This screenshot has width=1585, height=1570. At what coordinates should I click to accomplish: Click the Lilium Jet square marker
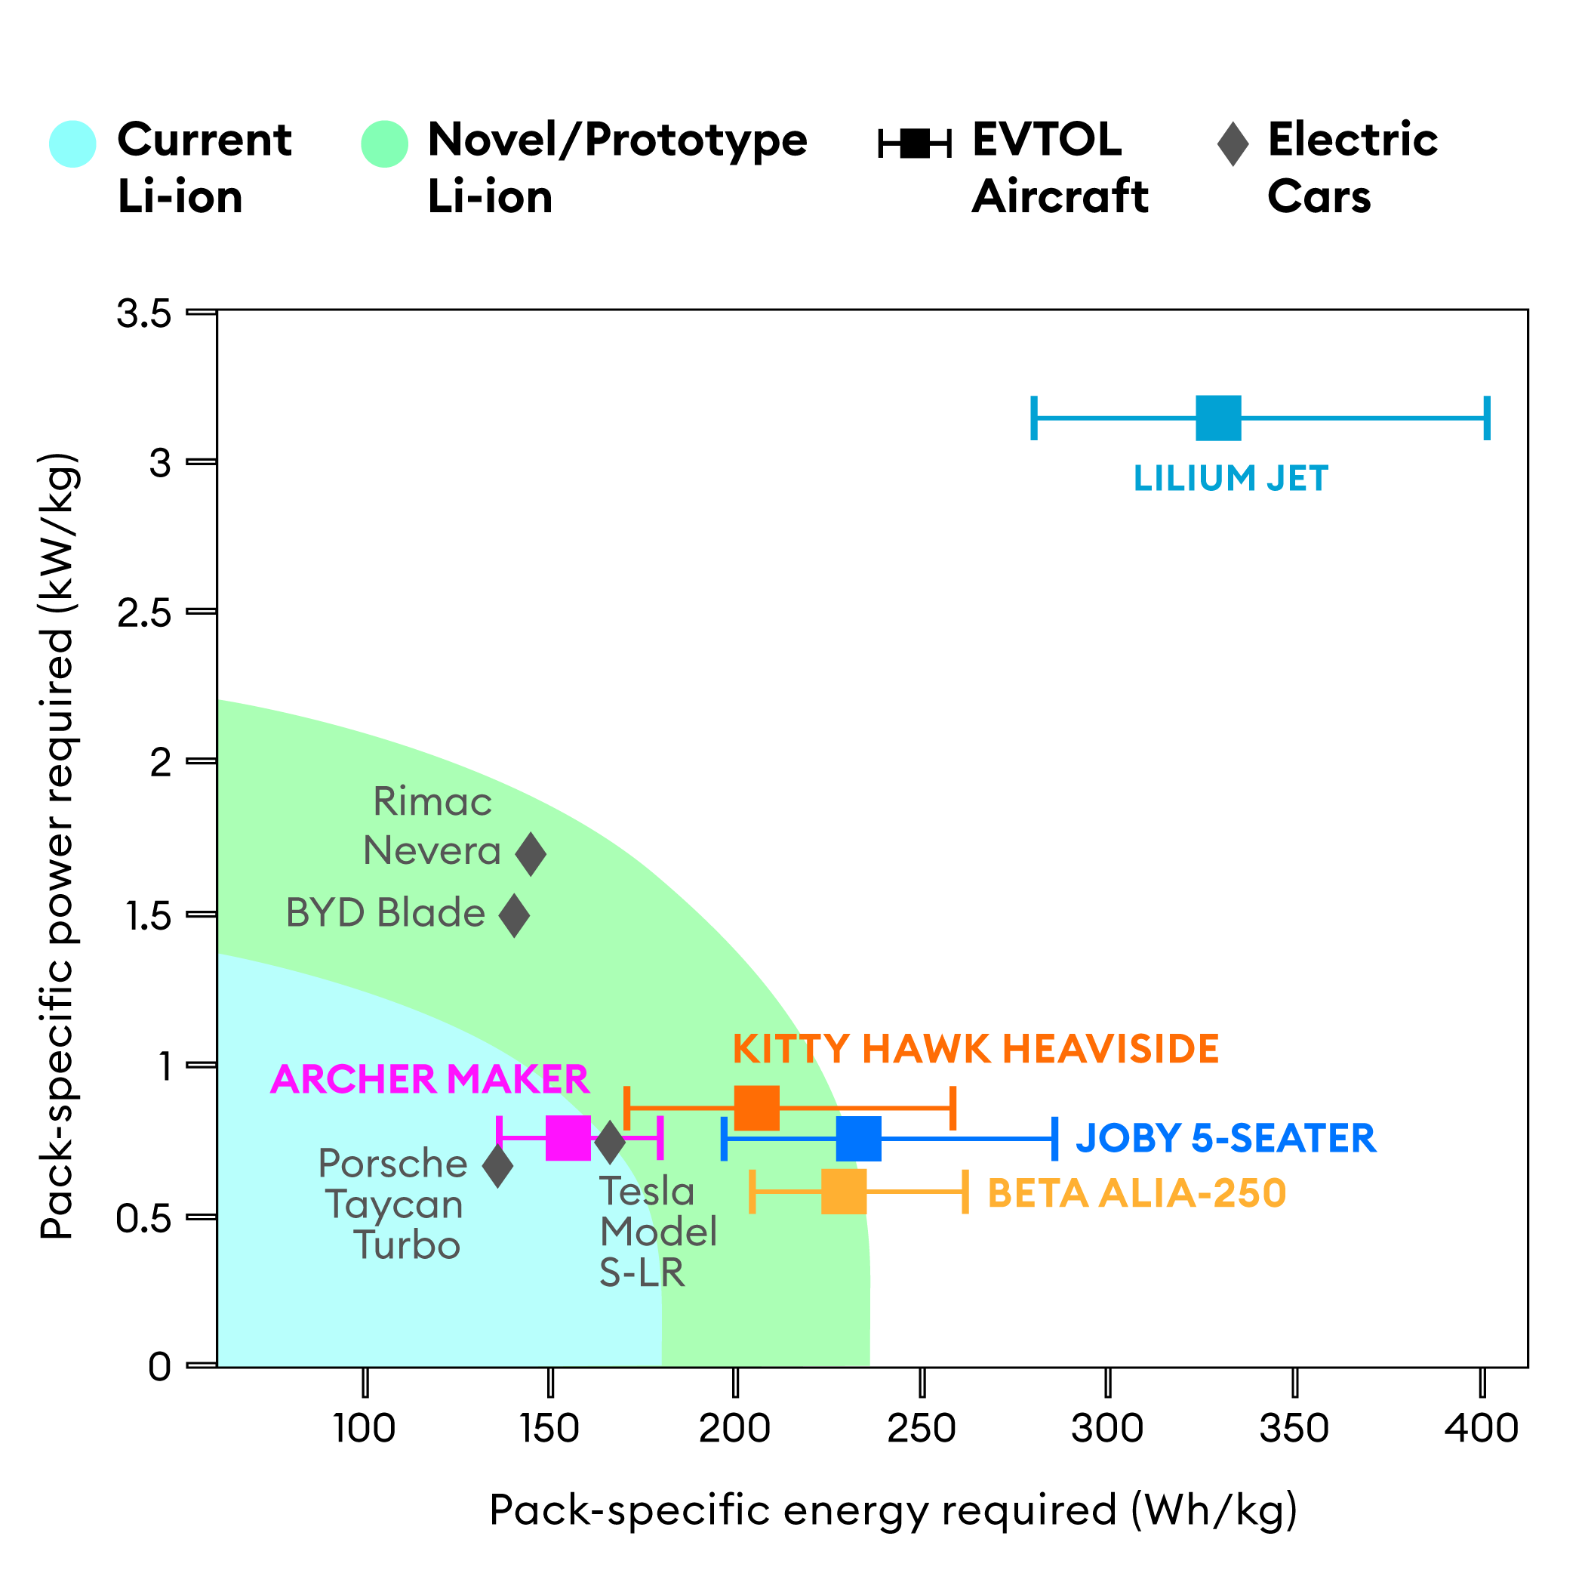[1218, 418]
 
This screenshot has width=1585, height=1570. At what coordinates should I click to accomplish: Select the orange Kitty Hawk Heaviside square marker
[756, 1108]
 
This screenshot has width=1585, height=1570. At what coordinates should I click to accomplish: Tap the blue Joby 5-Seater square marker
[859, 1138]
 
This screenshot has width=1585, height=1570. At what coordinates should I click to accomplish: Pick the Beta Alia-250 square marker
[843, 1192]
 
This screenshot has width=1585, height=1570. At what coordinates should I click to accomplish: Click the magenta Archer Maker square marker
[568, 1137]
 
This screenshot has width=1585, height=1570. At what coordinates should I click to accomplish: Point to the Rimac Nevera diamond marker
[531, 853]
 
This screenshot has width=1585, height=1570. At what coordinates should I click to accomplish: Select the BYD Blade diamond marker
[515, 915]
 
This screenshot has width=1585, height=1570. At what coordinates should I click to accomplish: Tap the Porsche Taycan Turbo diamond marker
[497, 1166]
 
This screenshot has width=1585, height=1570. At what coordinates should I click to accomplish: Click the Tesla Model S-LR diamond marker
[610, 1142]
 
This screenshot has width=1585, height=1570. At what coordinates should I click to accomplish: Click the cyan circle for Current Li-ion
[72, 143]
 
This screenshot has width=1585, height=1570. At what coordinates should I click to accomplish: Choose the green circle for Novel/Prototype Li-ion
[384, 143]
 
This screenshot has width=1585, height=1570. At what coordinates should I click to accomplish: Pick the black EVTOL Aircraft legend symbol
[914, 143]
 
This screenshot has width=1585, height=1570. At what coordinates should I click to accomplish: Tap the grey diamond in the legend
[1233, 143]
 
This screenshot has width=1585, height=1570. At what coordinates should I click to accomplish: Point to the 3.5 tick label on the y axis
[144, 313]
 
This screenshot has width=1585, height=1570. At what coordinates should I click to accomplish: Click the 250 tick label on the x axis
[922, 1429]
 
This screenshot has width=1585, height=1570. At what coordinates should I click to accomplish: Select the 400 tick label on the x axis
[1482, 1429]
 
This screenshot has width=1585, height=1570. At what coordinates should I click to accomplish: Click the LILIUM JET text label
[1230, 479]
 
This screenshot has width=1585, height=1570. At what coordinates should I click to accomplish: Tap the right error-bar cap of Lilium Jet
[1487, 418]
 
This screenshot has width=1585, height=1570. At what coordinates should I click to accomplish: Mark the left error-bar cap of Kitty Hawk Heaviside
[626, 1108]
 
